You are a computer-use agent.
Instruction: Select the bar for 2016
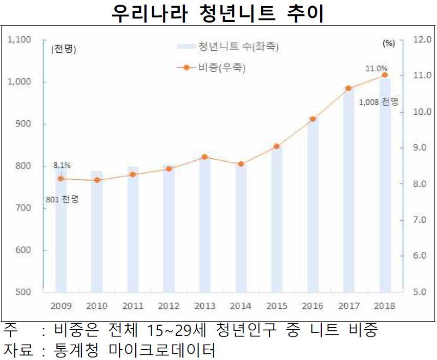click(x=313, y=205)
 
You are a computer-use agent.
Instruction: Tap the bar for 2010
click(x=97, y=230)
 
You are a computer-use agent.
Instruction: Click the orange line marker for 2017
click(x=349, y=88)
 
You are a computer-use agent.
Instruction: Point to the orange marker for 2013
click(x=205, y=157)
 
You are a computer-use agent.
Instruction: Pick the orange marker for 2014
click(x=241, y=164)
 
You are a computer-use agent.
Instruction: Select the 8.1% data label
click(x=61, y=165)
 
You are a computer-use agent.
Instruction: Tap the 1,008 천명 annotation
click(x=379, y=101)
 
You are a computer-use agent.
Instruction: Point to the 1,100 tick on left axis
click(x=21, y=39)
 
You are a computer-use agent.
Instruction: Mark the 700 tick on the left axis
click(x=24, y=208)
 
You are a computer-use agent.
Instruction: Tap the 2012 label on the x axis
click(x=169, y=306)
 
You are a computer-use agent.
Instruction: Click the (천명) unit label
click(x=63, y=50)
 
